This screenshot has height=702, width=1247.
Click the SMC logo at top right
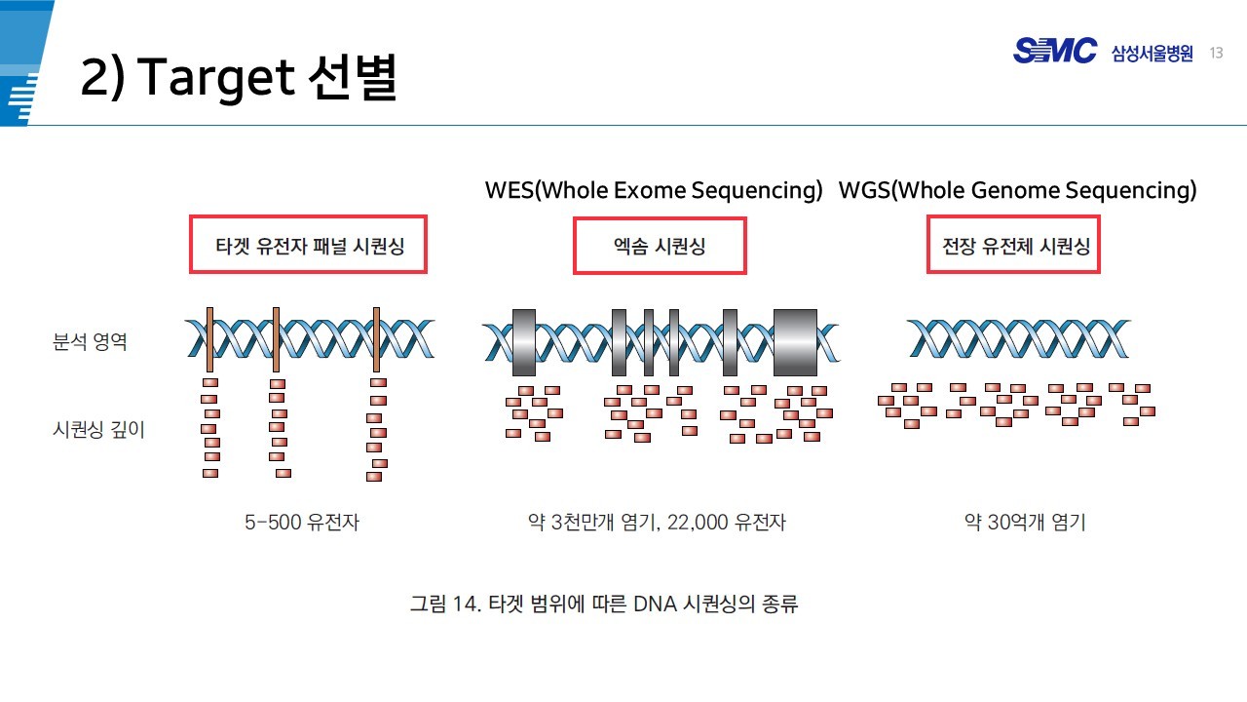pyautogui.click(x=1054, y=51)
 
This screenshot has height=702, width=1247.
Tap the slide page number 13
pyautogui.click(x=1216, y=53)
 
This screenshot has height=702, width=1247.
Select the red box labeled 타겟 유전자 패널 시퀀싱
pyautogui.click(x=308, y=245)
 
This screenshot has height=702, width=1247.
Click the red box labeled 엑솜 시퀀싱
pyautogui.click(x=660, y=246)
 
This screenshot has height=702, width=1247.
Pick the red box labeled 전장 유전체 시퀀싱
pyautogui.click(x=1013, y=245)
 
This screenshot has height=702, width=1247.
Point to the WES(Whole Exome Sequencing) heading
pyautogui.click(x=654, y=190)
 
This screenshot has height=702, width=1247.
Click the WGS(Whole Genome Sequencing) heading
pyautogui.click(x=1017, y=190)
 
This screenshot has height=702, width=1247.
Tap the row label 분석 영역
pyautogui.click(x=90, y=342)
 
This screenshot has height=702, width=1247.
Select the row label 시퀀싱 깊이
pyautogui.click(x=98, y=429)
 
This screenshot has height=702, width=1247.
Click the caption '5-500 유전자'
pyautogui.click(x=302, y=523)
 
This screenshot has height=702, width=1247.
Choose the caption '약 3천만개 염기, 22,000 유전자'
pyautogui.click(x=656, y=523)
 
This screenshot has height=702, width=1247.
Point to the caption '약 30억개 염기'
pyautogui.click(x=1025, y=523)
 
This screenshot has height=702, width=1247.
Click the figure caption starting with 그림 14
pyautogui.click(x=604, y=604)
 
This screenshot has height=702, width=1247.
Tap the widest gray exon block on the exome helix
pyautogui.click(x=795, y=342)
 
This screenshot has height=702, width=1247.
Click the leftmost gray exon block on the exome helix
pyautogui.click(x=523, y=342)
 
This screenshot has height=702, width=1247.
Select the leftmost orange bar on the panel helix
pyautogui.click(x=209, y=339)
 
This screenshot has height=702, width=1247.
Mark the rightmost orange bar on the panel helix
pyautogui.click(x=376, y=339)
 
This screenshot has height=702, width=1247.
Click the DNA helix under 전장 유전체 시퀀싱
pyautogui.click(x=1019, y=338)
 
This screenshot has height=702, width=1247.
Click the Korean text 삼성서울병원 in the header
pyautogui.click(x=1152, y=54)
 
